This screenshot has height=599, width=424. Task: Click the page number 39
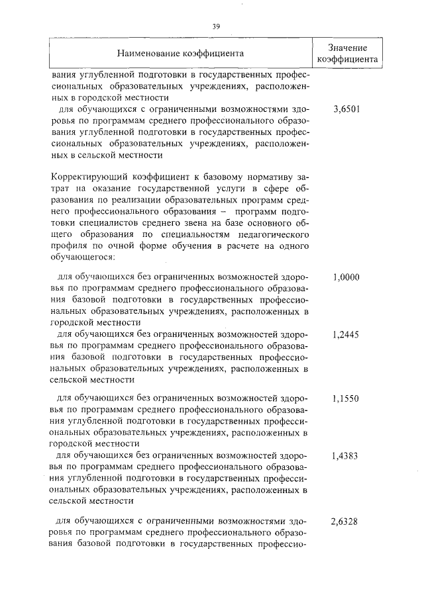point(215,26)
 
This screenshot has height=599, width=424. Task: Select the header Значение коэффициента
point(346,52)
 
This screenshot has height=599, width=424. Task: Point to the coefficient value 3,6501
point(346,109)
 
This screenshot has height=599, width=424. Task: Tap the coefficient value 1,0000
point(346,277)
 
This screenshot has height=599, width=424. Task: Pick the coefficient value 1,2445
point(346,335)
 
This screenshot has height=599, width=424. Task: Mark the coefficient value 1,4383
point(346,456)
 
